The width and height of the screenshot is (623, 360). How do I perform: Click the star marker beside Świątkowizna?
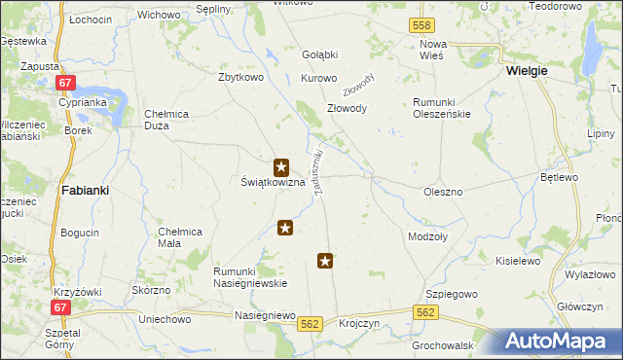[x=281, y=167]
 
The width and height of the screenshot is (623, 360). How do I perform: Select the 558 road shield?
[x=421, y=24]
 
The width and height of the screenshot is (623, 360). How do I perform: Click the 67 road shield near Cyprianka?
[x=64, y=84]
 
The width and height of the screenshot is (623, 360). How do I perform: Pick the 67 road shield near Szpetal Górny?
[x=61, y=307]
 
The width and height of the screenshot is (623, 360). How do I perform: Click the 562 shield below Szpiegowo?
[x=425, y=312]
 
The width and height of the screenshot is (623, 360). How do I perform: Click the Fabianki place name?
[x=84, y=191]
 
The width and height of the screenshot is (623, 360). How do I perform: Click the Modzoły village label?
[x=427, y=236]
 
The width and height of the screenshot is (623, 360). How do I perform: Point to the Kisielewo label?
[x=518, y=261]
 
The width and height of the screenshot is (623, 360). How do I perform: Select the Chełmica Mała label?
[x=180, y=236]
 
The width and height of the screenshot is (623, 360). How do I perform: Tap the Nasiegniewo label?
[x=265, y=316]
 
